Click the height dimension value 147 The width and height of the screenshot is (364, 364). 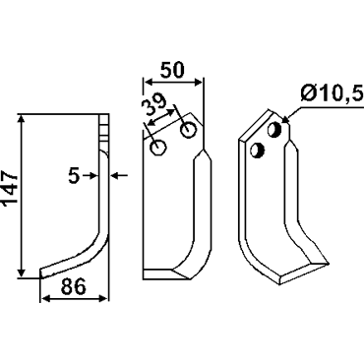(10, 188)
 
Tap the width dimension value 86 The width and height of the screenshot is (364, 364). (74, 286)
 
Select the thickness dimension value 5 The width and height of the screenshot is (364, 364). (74, 176)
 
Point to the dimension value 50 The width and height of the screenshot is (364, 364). (173, 70)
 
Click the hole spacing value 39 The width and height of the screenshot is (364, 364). (153, 105)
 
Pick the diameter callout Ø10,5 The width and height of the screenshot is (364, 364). (332, 94)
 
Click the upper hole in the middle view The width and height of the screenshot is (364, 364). (188, 130)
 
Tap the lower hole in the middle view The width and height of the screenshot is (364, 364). (158, 147)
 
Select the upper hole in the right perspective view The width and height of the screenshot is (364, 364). (274, 130)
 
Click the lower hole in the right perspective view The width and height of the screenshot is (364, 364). (257, 151)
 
